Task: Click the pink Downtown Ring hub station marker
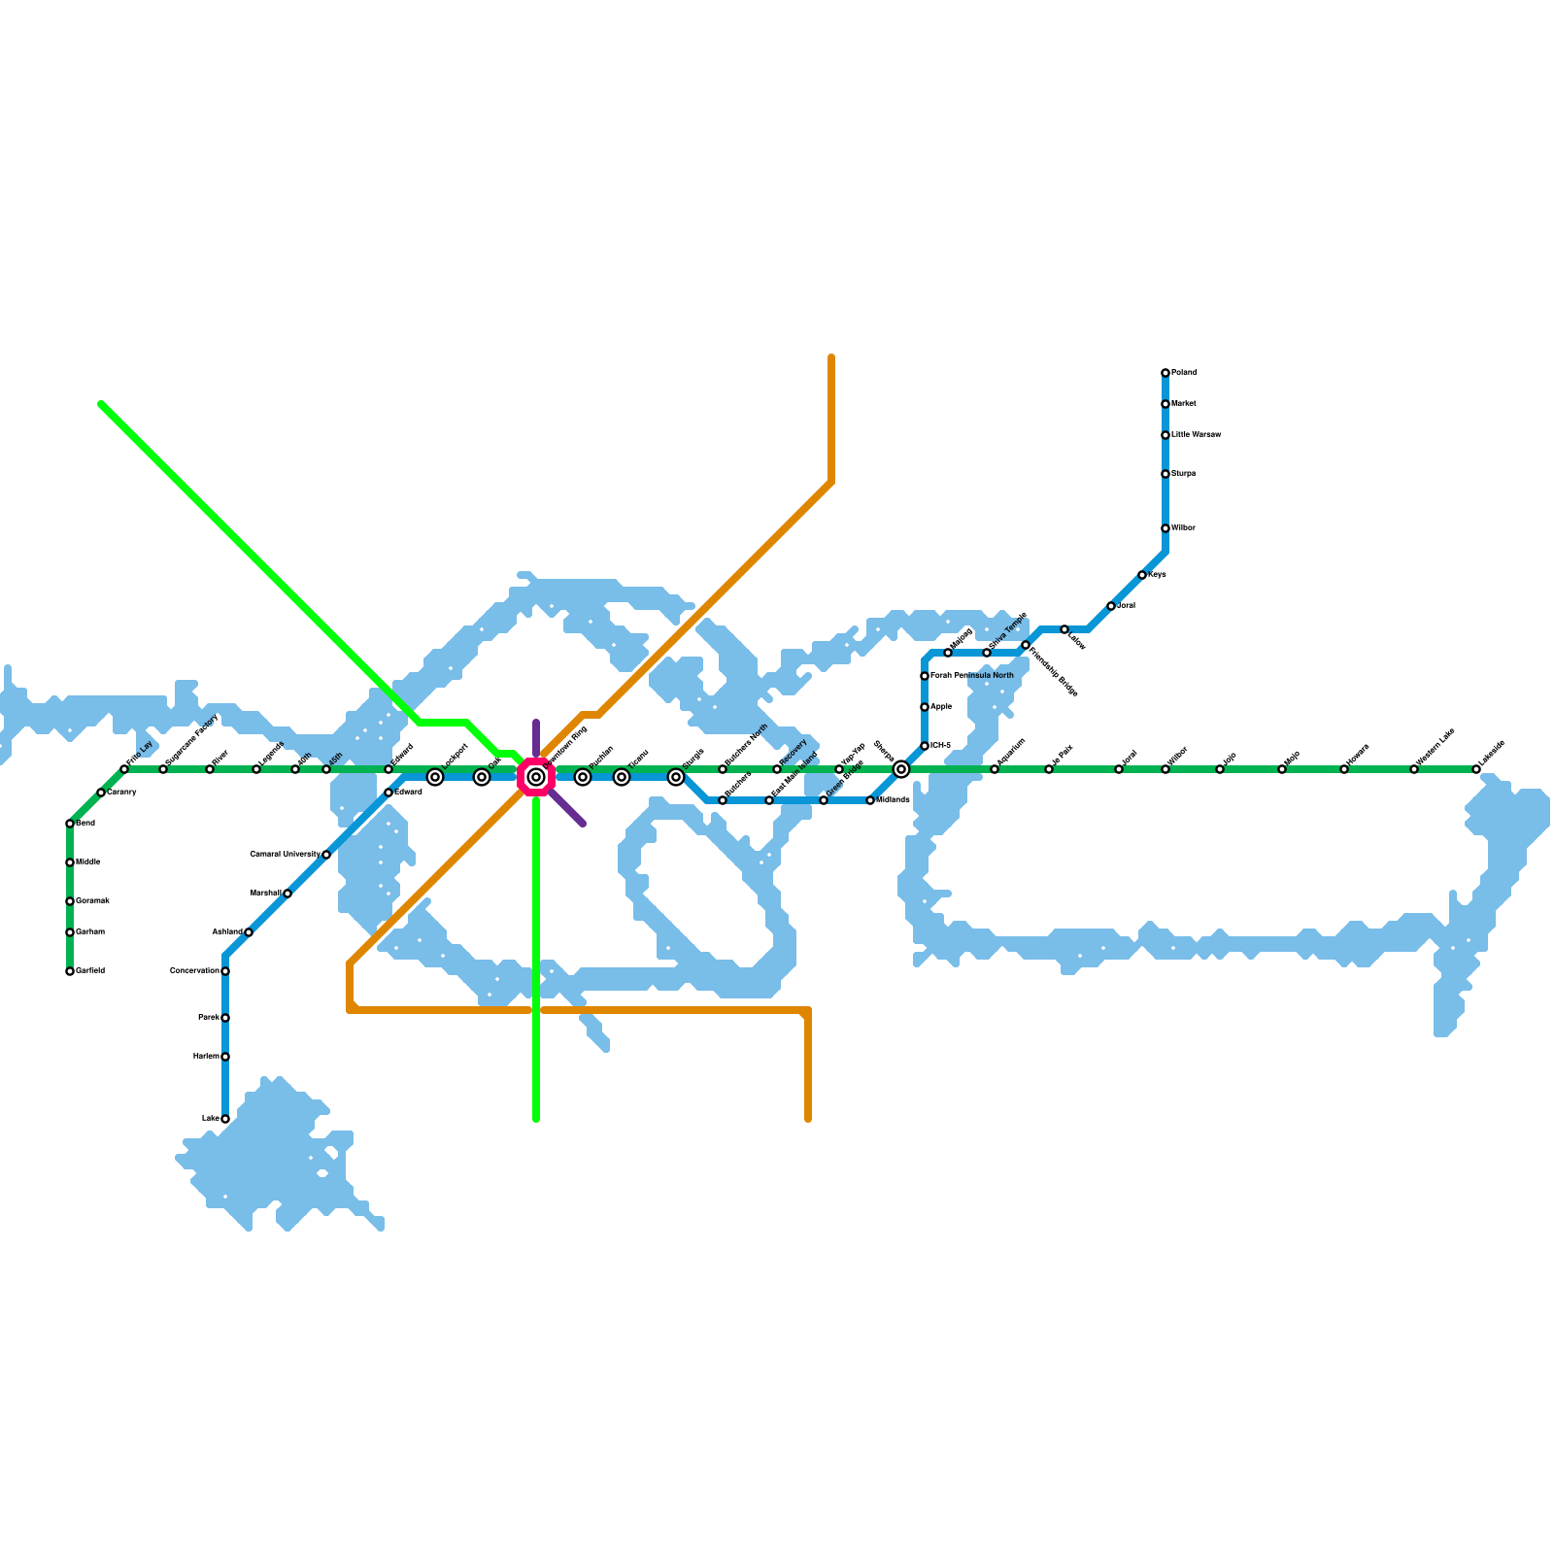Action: pos(535,777)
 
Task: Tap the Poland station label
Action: pos(1184,373)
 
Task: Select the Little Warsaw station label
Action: pos(1196,435)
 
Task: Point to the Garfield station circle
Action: pos(70,971)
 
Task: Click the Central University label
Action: pos(285,855)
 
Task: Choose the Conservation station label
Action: pos(194,971)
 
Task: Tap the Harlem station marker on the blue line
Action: pos(225,1057)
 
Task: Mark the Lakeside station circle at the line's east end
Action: pos(1476,769)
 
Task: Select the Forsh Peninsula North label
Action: pos(972,676)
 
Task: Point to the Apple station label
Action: pos(941,707)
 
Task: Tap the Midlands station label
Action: pos(893,800)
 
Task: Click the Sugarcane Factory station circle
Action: pos(163,769)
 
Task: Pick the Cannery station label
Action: pos(121,793)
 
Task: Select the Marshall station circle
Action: pos(287,894)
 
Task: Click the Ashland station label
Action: pos(227,932)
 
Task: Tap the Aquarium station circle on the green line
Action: pos(995,769)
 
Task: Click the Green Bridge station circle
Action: pos(824,800)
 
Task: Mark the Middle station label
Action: pos(88,862)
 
